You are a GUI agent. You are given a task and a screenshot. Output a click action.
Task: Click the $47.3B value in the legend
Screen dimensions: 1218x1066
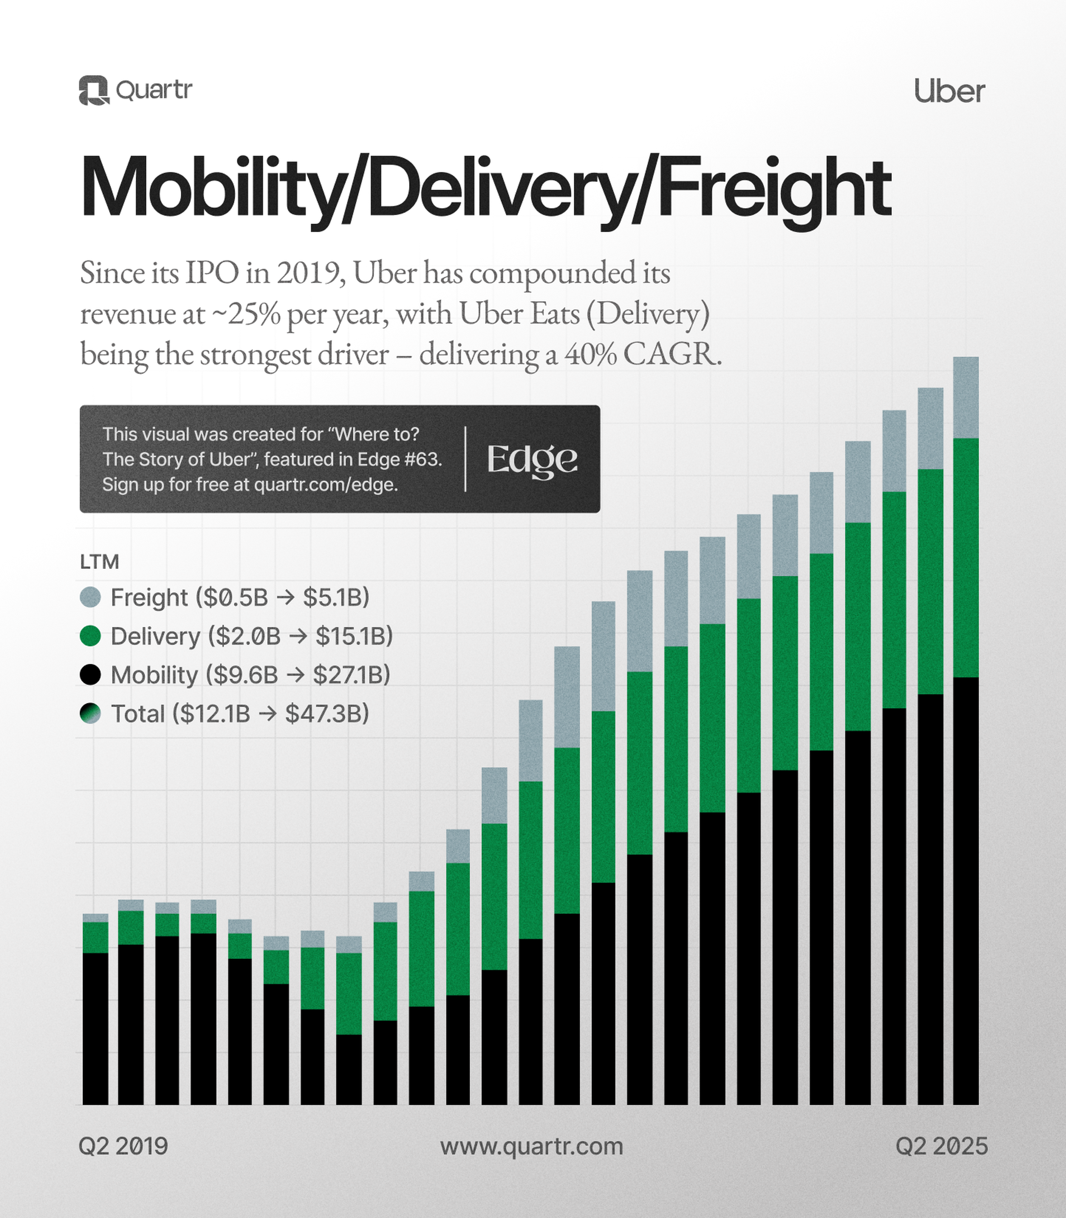click(x=327, y=714)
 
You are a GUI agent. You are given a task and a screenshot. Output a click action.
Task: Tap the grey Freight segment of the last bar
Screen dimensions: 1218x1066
click(x=966, y=397)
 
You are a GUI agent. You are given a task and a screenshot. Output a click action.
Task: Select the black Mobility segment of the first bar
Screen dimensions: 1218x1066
click(x=95, y=1029)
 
